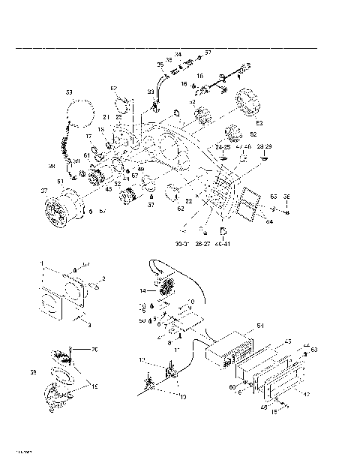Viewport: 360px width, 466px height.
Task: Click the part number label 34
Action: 178,53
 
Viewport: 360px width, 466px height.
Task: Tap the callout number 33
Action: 151,92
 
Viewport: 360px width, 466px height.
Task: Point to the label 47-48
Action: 243,147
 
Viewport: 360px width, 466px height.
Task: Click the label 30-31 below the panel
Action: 181,244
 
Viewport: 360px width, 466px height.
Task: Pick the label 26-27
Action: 202,244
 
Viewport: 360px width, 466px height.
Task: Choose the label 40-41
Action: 223,244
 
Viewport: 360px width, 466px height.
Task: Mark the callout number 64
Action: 269,221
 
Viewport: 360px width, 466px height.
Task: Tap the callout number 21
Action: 107,117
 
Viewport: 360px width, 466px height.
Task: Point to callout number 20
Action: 94,350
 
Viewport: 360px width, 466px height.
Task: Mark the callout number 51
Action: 40,202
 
